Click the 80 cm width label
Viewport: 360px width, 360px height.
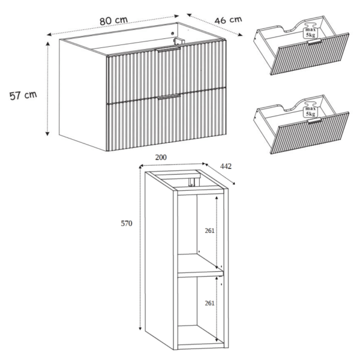point(113,20)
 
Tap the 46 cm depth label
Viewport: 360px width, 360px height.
point(228,20)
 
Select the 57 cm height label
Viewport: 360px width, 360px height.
point(23,95)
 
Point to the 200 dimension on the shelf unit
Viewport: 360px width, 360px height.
point(161,157)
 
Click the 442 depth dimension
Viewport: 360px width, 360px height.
point(226,166)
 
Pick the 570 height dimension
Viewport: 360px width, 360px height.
point(127,223)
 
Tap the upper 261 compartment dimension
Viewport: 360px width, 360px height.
point(209,230)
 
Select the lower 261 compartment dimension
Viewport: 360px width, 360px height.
point(209,303)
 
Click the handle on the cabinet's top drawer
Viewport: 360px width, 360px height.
point(167,49)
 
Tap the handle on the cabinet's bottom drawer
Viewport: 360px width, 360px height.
point(169,97)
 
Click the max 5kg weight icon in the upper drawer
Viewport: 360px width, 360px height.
point(310,31)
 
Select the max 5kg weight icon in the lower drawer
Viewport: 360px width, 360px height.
point(310,110)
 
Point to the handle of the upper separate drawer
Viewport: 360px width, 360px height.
point(314,42)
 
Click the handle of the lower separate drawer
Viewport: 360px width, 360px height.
point(314,121)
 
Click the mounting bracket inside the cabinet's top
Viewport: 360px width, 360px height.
point(179,41)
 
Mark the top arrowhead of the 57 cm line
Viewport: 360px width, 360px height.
point(47,44)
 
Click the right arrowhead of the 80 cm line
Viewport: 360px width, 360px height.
point(177,16)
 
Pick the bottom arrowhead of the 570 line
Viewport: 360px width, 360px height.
point(140,328)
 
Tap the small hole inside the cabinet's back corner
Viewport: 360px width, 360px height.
point(173,33)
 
